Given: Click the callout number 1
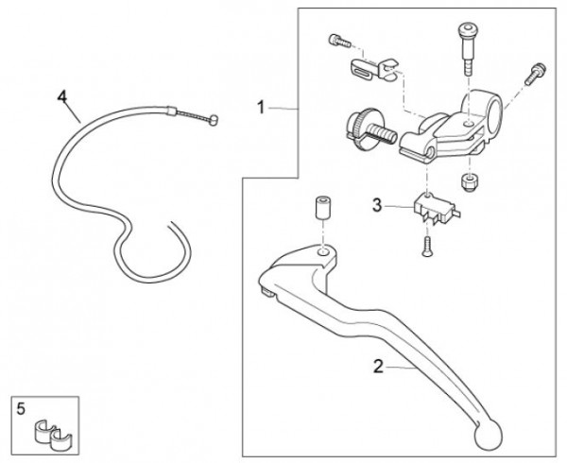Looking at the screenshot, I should tap(261, 109).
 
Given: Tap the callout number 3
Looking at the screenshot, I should tap(376, 203).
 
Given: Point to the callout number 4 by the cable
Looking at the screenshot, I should tap(62, 96).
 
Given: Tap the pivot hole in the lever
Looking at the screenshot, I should tap(324, 252).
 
